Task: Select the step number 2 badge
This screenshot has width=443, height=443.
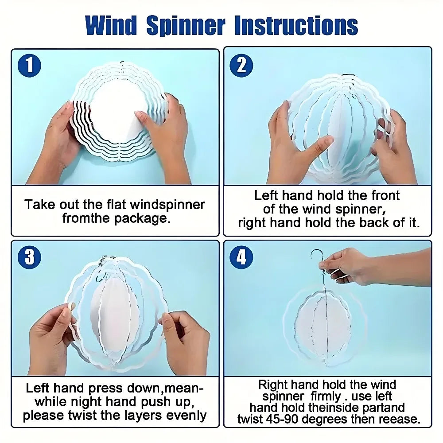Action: coord(241,66)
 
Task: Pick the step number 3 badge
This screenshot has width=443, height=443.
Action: coord(29,257)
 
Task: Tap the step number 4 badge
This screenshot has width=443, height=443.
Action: coord(241,257)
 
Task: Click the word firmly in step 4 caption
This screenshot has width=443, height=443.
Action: coord(326,396)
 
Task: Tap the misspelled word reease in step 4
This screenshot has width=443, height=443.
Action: coord(397,419)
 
